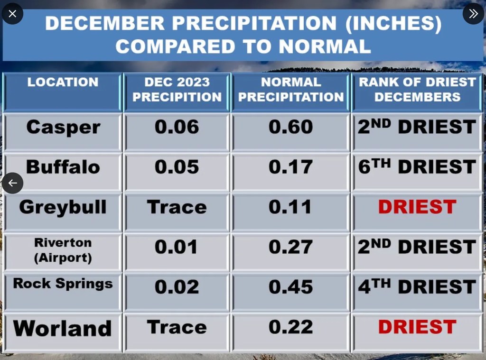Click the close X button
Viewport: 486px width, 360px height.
[12, 14]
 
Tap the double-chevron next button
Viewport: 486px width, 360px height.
[473, 14]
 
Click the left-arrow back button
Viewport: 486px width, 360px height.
[12, 183]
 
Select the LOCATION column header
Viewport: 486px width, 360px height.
[63, 82]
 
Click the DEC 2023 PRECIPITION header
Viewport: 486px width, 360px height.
[177, 89]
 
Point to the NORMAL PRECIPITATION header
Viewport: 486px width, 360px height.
[291, 89]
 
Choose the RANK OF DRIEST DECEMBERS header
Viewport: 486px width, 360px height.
[417, 89]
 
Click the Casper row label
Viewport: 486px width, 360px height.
[63, 127]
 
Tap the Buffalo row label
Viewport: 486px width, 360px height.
[63, 167]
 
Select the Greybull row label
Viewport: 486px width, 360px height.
[63, 207]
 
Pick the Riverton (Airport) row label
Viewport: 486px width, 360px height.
[63, 250]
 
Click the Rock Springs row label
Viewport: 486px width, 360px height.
[63, 284]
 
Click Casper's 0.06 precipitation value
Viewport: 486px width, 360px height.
[177, 127]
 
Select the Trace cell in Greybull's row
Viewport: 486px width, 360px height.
[177, 207]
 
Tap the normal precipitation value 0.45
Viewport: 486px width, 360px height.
[291, 287]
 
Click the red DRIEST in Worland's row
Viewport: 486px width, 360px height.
[417, 327]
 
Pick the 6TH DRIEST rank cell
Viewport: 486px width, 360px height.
[417, 167]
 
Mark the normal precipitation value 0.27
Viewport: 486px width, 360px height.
[291, 247]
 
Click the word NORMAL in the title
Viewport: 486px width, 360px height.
[324, 46]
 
